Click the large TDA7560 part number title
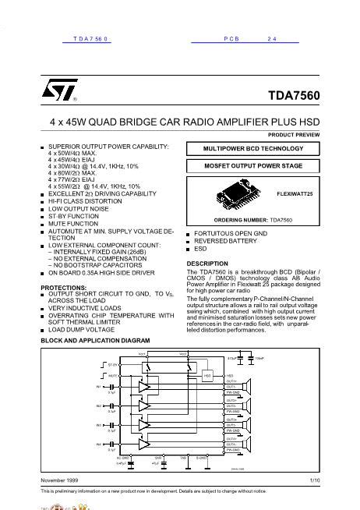(294, 97)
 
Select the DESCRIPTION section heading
(207, 264)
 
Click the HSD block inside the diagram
(208, 375)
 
